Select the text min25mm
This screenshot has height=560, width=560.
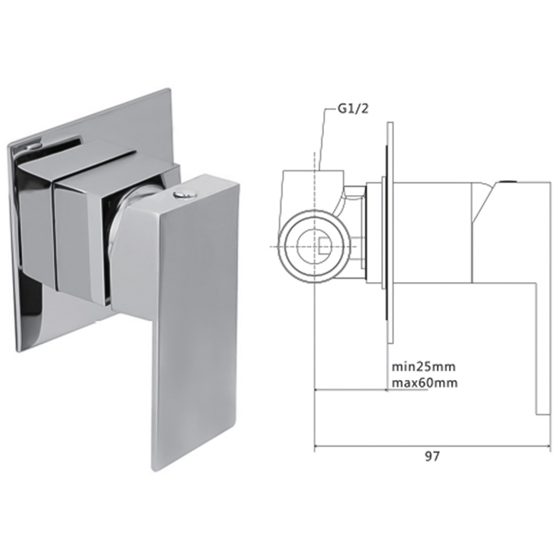(x=423, y=367)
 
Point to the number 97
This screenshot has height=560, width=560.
(x=431, y=456)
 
